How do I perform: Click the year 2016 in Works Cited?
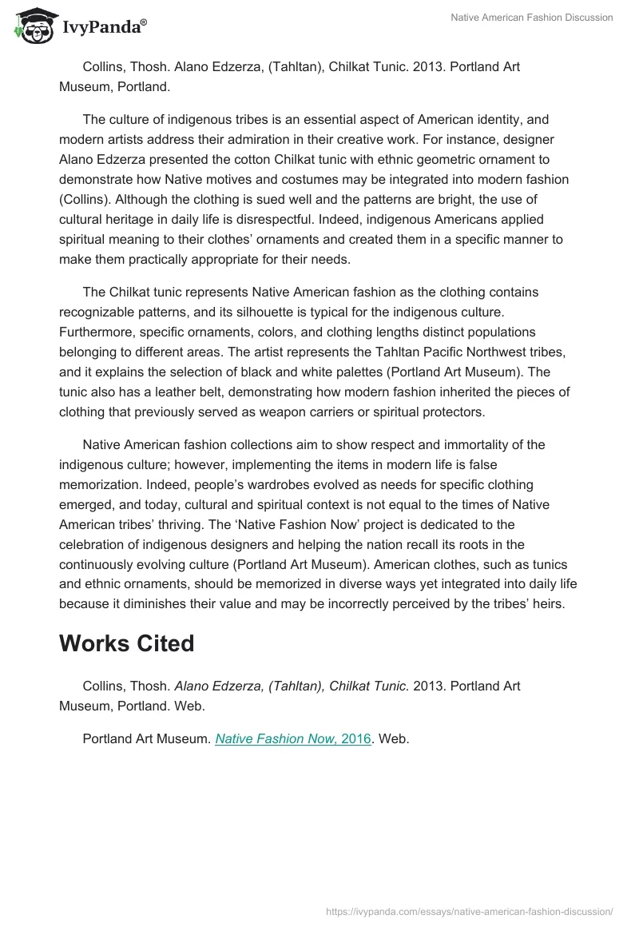click(355, 739)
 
